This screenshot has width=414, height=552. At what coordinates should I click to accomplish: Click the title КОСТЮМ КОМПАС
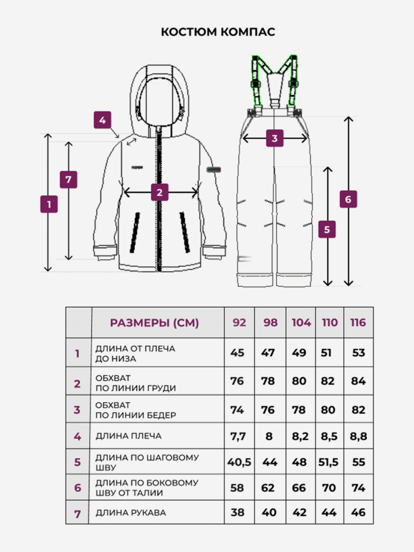coord(218,32)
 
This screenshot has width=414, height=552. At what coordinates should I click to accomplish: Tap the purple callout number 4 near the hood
coord(102,120)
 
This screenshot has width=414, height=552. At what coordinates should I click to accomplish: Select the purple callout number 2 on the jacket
coord(160,192)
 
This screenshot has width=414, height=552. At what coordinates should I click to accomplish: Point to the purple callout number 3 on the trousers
coord(274,139)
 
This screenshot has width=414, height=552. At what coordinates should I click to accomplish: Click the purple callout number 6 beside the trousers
coord(348,199)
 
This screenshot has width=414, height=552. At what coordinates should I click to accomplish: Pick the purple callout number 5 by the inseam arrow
coord(327,229)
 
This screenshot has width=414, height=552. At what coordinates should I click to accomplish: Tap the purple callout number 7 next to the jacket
coord(68,180)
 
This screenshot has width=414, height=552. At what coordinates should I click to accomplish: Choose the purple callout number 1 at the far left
coord(49,204)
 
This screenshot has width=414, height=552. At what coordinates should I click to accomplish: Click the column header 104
coord(301,322)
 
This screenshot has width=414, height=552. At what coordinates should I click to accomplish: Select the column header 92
coord(239,322)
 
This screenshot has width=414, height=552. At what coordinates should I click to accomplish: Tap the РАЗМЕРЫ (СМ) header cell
coord(155,323)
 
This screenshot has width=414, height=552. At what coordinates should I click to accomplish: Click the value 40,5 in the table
coord(239,462)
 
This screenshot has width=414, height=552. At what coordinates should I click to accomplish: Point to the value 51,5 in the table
coord(328,462)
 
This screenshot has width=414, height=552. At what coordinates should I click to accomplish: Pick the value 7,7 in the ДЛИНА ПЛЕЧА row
coord(238,437)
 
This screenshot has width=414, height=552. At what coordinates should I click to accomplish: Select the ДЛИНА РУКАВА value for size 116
coord(358,512)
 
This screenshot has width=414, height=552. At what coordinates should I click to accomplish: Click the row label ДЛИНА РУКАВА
coord(130,513)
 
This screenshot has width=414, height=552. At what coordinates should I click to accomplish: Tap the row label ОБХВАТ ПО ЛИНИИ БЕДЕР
coord(135,410)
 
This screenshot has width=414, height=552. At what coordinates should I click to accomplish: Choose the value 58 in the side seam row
coord(237,488)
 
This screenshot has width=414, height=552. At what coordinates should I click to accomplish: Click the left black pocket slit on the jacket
coord(135,233)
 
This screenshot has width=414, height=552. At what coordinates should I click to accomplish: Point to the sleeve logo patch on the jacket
coord(213,169)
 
